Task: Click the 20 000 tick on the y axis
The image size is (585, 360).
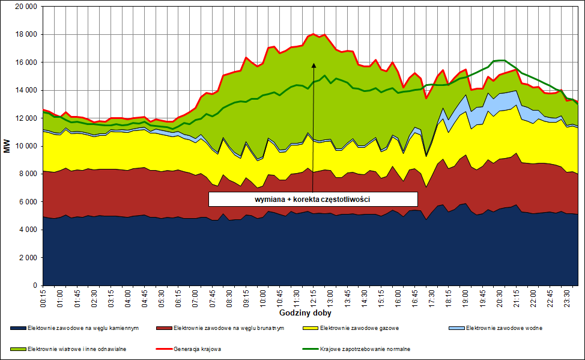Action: [x=25, y=7]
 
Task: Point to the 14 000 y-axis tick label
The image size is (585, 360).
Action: [x=25, y=90]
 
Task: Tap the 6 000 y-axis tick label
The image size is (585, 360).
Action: [x=28, y=202]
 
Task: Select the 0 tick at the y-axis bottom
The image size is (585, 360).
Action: [x=35, y=285]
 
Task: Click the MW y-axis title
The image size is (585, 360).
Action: [x=7, y=147]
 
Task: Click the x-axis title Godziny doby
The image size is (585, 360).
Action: [x=305, y=313]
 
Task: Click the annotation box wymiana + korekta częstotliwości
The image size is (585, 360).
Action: [x=313, y=199]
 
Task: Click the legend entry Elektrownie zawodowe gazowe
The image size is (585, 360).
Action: [x=359, y=328]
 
